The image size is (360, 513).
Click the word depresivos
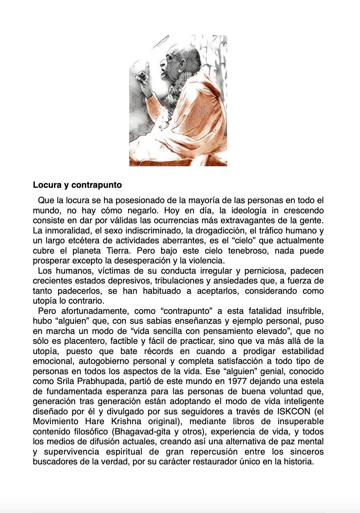coord(129,281)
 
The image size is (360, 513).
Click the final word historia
coord(298,461)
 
